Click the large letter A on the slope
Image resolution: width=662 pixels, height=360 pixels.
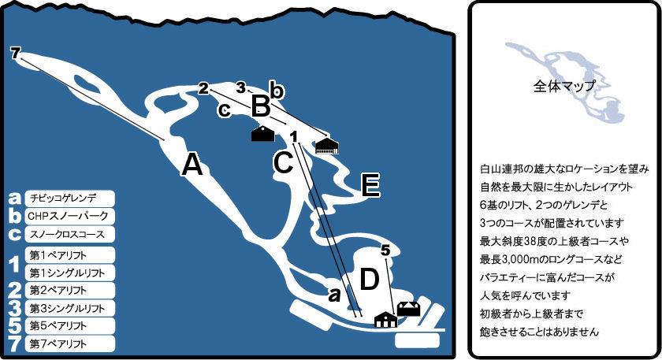coord(192,164)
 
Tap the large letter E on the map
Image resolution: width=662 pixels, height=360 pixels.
coord(371,186)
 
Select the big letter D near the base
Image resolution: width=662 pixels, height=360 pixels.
coord(370,279)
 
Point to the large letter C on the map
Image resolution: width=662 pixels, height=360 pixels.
coord(283,161)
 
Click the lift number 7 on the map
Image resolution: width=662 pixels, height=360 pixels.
coord(15,54)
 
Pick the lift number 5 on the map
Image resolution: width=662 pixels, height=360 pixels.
coord(385,251)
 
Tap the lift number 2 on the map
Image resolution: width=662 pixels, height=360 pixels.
coord(204,89)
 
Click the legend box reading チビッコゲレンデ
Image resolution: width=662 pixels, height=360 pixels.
coord(69,198)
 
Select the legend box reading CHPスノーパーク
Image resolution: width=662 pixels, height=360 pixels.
coord(69,216)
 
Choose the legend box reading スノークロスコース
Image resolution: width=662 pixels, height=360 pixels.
coord(69,234)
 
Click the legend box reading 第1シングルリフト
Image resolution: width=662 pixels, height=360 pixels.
coord(69,273)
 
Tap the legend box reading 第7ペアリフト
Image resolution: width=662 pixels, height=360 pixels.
coord(69,343)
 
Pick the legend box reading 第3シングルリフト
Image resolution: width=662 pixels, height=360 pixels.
coord(69,308)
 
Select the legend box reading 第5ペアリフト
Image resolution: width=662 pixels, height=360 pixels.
coord(69,326)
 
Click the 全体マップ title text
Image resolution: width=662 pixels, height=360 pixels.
coord(564,86)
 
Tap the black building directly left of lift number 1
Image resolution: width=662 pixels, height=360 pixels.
coord(263,134)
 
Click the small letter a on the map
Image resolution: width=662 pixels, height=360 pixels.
coord(334,295)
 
